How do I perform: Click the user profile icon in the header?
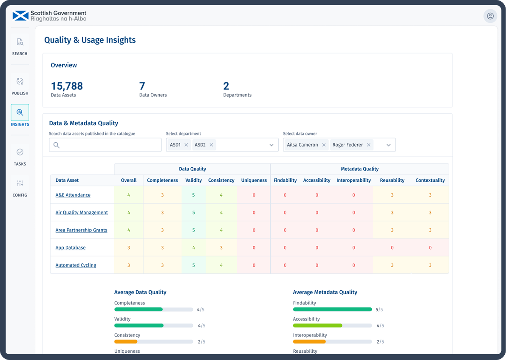click(490, 16)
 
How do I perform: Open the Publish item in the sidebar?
click(20, 85)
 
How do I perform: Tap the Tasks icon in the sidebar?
click(20, 156)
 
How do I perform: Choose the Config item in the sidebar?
click(20, 187)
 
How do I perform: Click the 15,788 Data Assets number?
click(67, 86)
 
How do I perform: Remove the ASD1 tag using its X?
click(186, 145)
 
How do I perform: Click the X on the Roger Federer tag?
click(369, 145)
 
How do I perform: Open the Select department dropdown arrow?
click(271, 145)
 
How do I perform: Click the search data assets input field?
click(105, 145)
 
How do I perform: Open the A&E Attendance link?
click(73, 195)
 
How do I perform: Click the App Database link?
click(71, 247)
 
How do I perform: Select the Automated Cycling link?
click(76, 265)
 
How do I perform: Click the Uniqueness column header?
click(254, 180)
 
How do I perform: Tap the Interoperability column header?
click(353, 180)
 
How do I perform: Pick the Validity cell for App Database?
click(194, 247)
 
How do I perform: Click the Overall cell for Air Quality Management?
click(129, 213)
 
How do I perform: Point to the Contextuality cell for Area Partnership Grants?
click(430, 230)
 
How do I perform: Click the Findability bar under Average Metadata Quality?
click(332, 309)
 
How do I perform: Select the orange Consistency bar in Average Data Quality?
click(126, 341)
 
